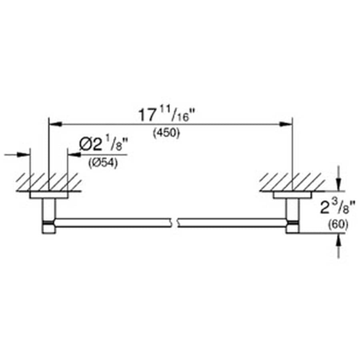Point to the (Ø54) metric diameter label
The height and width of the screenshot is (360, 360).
tap(103, 164)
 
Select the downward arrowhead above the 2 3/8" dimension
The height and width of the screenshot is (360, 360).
tap(339, 185)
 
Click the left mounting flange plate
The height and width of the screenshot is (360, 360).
tap(49, 195)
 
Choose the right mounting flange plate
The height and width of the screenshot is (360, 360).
tap(293, 195)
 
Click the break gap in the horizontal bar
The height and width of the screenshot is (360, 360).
tap(175, 223)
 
